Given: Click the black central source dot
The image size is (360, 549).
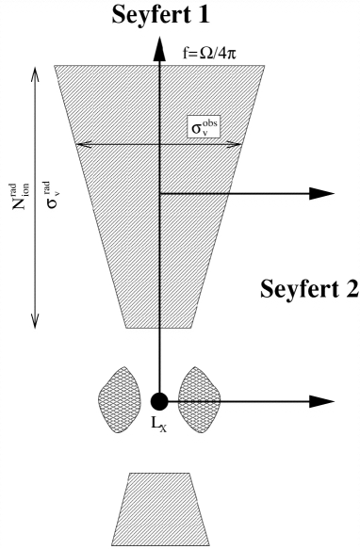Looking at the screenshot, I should click(159, 402).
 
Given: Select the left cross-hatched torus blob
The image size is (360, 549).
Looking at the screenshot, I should click(120, 399).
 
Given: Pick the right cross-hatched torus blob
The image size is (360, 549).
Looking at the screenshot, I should click(198, 399).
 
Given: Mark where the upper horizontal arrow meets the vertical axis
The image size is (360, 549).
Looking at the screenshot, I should click(159, 193).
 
